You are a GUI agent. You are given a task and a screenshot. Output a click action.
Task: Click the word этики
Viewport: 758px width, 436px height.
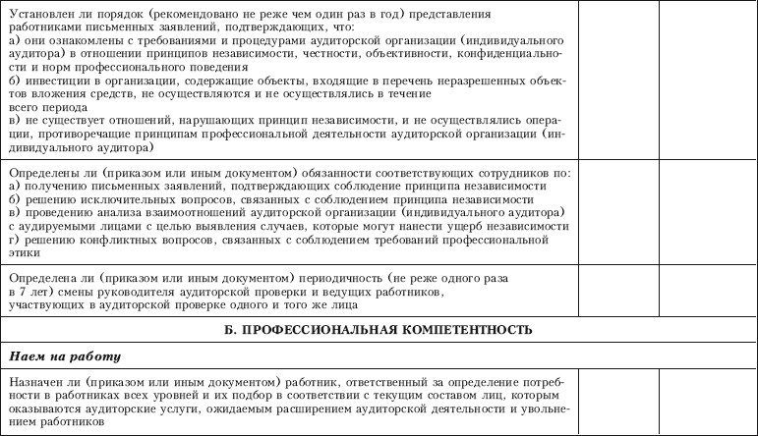click(x=24, y=252)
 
